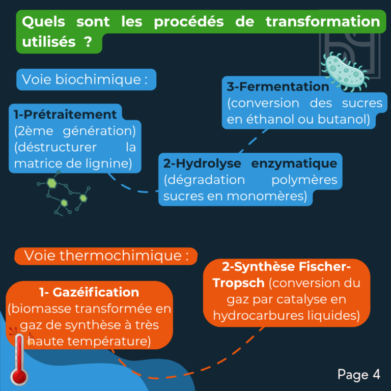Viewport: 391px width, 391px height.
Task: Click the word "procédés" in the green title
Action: click(189, 22)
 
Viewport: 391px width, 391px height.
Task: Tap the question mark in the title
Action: click(88, 42)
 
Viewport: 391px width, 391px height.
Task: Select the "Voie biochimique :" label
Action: click(85, 79)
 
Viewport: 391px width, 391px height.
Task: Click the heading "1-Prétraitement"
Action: click(65, 115)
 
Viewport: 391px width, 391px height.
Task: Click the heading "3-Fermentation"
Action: click(278, 87)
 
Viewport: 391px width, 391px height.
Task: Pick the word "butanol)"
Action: click(344, 119)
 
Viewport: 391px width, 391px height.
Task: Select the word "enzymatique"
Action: click(294, 164)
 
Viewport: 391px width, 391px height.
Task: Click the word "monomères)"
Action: click(267, 196)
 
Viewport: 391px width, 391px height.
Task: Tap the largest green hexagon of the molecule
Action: click(52, 183)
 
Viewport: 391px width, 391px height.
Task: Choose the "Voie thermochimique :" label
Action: click(106, 256)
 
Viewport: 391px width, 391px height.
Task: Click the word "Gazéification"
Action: click(96, 292)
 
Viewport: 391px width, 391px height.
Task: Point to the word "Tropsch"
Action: click(238, 283)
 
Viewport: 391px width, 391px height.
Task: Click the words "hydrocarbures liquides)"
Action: click(287, 316)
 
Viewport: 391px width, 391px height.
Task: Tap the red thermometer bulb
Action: click(19, 376)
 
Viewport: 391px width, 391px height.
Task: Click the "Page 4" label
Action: click(359, 375)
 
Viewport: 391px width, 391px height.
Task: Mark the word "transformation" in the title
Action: click(323, 21)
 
